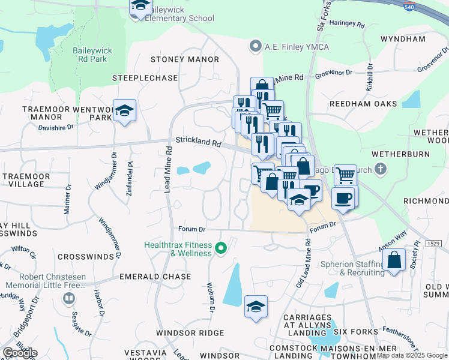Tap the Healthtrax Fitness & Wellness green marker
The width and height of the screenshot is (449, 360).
221,247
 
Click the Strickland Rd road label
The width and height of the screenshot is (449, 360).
199,143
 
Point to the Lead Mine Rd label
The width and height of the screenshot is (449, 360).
169,171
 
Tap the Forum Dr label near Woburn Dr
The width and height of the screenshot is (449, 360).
192,229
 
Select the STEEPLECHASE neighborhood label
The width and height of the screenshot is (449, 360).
145,79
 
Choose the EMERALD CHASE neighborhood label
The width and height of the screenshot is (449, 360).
155,277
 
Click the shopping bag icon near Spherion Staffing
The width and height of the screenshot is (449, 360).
394,261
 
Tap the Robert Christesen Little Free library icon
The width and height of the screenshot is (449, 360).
69,298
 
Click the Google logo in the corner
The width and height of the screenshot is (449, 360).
20,353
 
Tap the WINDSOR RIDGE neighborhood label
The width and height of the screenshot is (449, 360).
190,333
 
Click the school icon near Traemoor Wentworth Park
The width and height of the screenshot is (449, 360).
124,111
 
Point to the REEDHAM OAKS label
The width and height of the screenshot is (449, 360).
363,104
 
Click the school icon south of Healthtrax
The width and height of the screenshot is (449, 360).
256,307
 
